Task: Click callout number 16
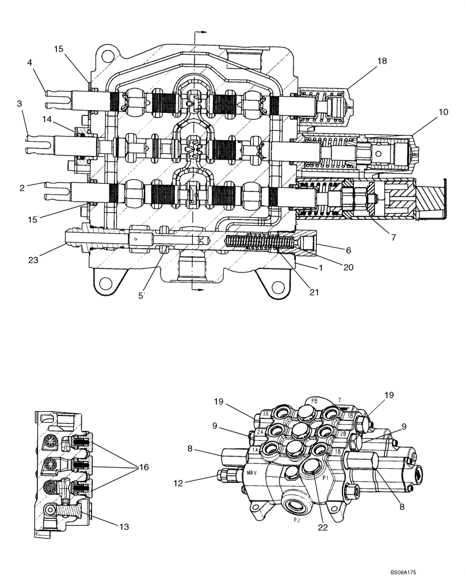point(143,467)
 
